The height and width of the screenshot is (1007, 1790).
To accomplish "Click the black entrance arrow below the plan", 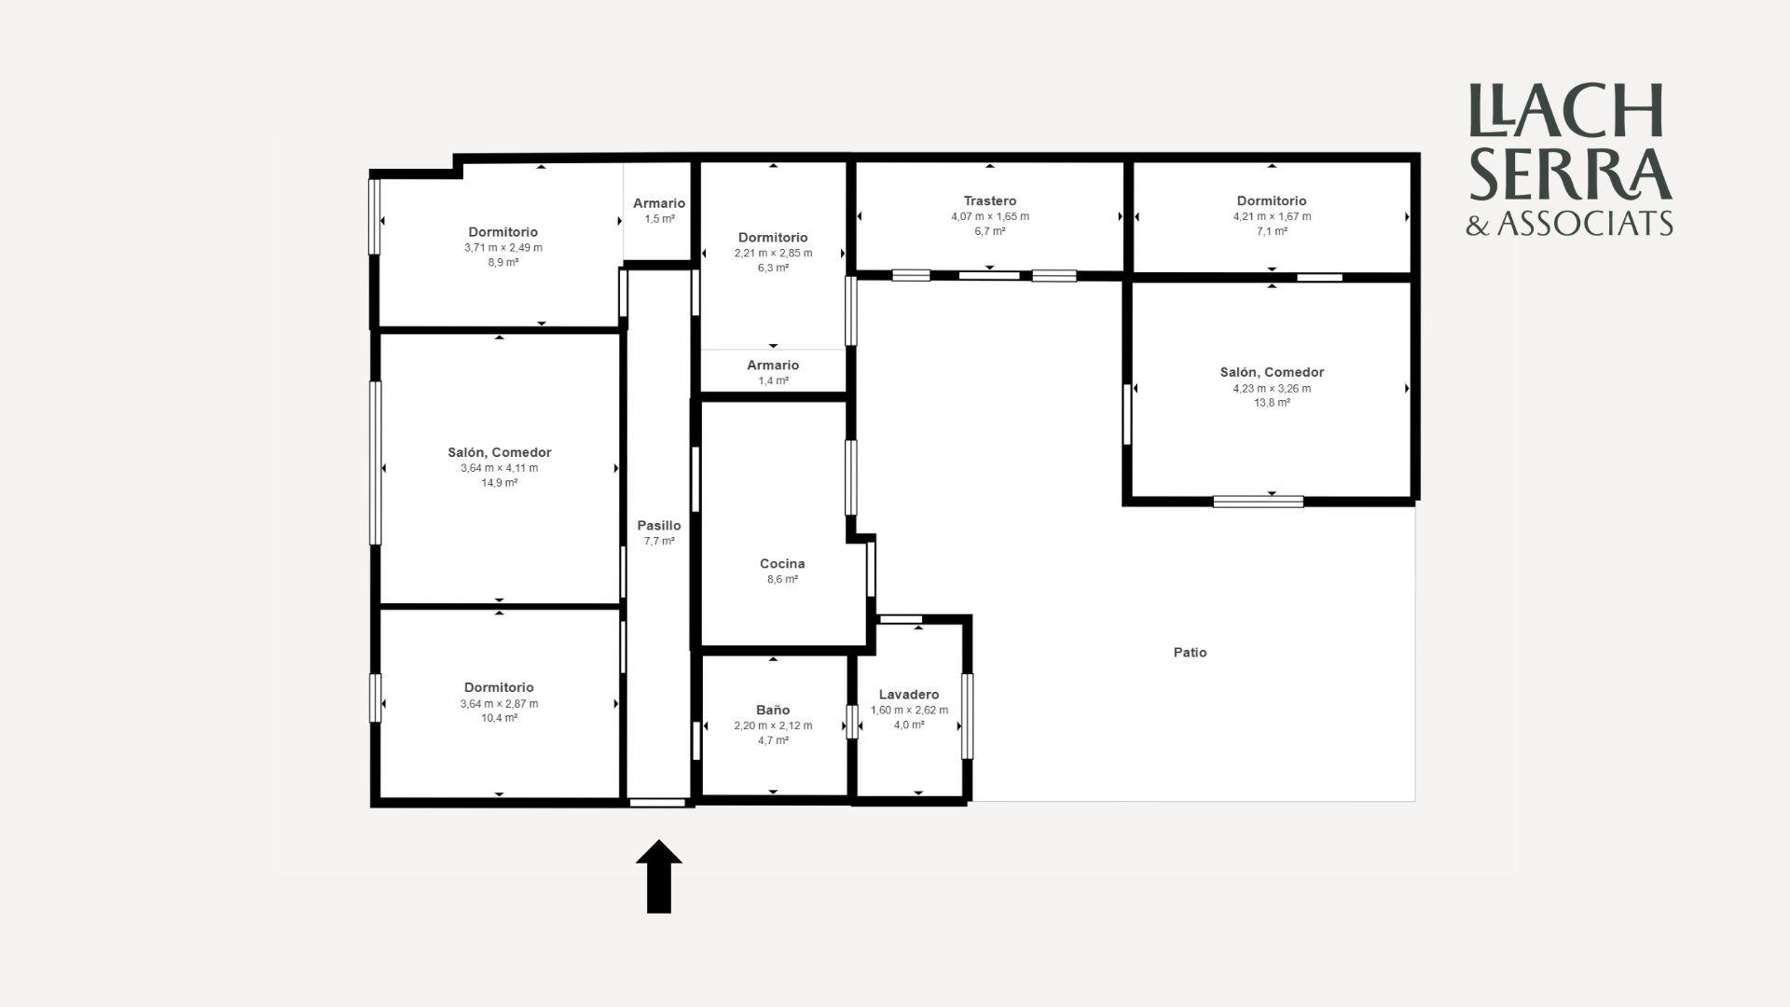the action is (x=659, y=876).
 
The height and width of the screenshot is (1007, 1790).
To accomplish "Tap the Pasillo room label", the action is (x=659, y=526).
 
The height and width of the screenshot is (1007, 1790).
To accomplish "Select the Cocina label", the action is (x=782, y=563).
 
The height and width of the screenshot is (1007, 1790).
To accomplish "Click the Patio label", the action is (x=1190, y=653).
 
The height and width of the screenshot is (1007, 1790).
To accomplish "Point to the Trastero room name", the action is (x=990, y=200).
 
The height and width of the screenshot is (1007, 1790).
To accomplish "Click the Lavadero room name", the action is (x=909, y=695).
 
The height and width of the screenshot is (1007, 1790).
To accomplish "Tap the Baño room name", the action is (x=773, y=710).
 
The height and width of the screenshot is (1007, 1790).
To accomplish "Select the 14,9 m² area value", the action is (x=499, y=483).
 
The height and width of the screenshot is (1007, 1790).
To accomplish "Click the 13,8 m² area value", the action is (x=1272, y=403).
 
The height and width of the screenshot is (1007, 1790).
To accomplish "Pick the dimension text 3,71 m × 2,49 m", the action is (x=503, y=248).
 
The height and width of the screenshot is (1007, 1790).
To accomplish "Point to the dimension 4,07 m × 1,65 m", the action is (x=990, y=216).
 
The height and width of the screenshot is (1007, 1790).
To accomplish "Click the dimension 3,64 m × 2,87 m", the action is (x=499, y=704).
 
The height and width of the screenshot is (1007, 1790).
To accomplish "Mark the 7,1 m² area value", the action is (x=1272, y=231).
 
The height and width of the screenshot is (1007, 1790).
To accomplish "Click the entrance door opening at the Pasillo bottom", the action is (x=657, y=803).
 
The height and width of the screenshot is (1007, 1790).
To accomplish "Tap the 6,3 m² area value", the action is (x=773, y=269).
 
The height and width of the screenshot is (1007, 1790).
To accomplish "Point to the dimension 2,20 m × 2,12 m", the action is (x=773, y=725).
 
